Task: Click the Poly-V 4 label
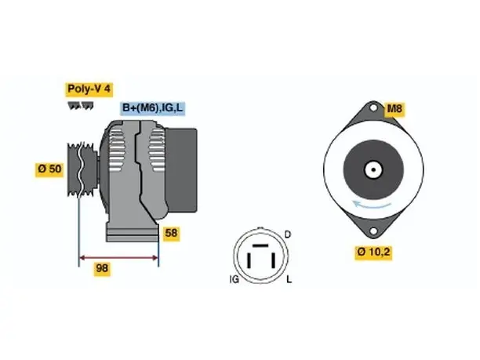click(x=89, y=89)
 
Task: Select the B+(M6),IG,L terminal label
click(x=152, y=108)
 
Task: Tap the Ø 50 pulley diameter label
click(x=49, y=169)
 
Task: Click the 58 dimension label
click(x=171, y=233)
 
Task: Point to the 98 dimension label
click(x=102, y=268)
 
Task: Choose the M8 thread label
click(x=395, y=109)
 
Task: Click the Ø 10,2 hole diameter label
click(x=373, y=253)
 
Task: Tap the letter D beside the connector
click(x=287, y=235)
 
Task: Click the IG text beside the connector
click(x=235, y=279)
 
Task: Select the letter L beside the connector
click(x=289, y=279)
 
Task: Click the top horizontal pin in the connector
click(x=260, y=245)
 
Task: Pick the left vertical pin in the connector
click(x=249, y=261)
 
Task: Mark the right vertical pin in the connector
click(x=274, y=261)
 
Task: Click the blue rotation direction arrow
click(x=371, y=205)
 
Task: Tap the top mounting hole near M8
click(x=373, y=107)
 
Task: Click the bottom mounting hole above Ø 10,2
click(x=373, y=231)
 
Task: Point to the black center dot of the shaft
click(x=373, y=170)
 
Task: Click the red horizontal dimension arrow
click(x=118, y=258)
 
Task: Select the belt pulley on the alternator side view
click(x=82, y=169)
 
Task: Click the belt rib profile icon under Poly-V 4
click(x=81, y=106)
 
